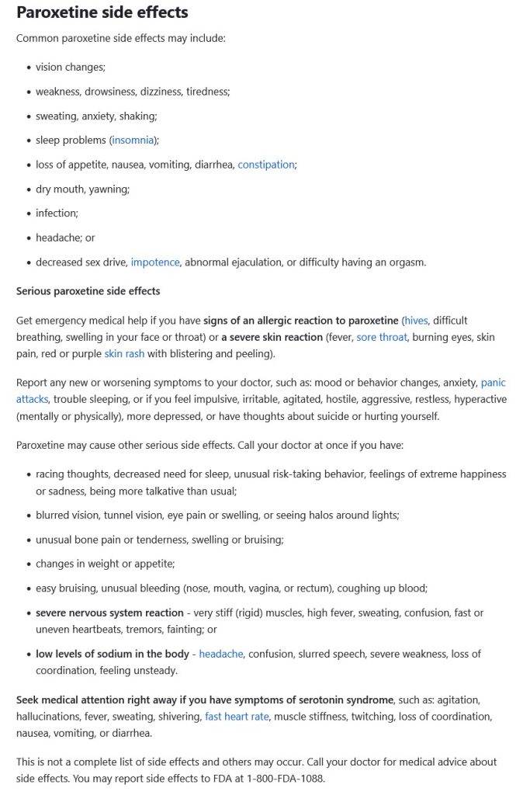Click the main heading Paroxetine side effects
(102, 12)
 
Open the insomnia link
(133, 140)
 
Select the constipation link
(266, 165)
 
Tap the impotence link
(155, 262)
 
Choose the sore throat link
(382, 337)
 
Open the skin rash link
(124, 354)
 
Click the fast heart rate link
(237, 716)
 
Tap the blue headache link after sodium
(220, 654)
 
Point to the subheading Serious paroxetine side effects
(88, 291)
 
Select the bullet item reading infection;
(57, 213)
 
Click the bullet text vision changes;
(70, 68)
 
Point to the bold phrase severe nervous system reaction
(109, 613)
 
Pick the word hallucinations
(52, 716)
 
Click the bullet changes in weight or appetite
(105, 564)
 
